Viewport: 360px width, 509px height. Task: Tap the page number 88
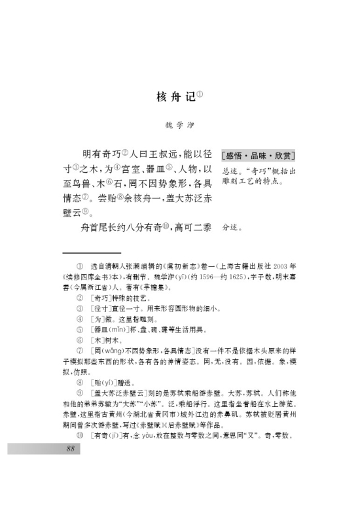(x=73, y=449)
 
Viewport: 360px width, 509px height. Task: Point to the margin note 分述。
(x=232, y=228)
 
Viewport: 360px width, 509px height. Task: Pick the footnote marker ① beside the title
(x=200, y=93)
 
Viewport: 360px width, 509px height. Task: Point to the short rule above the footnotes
(x=92, y=252)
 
